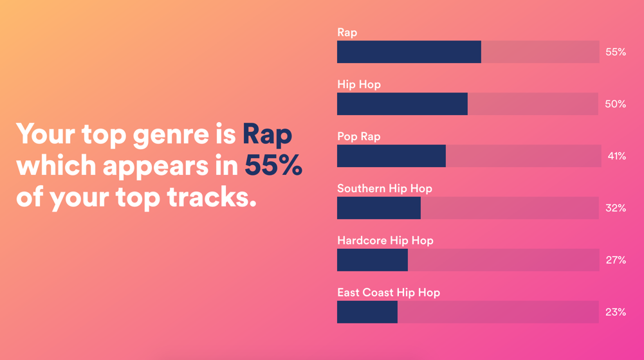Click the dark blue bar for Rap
pos(409,52)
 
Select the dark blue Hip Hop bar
pos(402,104)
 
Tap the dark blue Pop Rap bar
pos(391,156)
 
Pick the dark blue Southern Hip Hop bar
pos(379,208)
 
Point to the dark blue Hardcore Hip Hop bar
pos(373,260)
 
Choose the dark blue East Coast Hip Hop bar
pos(367,312)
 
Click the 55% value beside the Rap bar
pos(616,52)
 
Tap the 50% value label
pos(616,104)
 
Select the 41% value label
pos(617,156)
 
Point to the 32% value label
pos(616,208)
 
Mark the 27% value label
pos(616,260)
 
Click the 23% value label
pos(616,312)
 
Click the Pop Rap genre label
pos(359,136)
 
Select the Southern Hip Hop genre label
pos(385,188)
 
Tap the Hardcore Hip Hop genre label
pos(385,240)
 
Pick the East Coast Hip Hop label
pos(389,292)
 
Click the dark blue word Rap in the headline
pos(267,135)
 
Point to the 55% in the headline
pos(273,166)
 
